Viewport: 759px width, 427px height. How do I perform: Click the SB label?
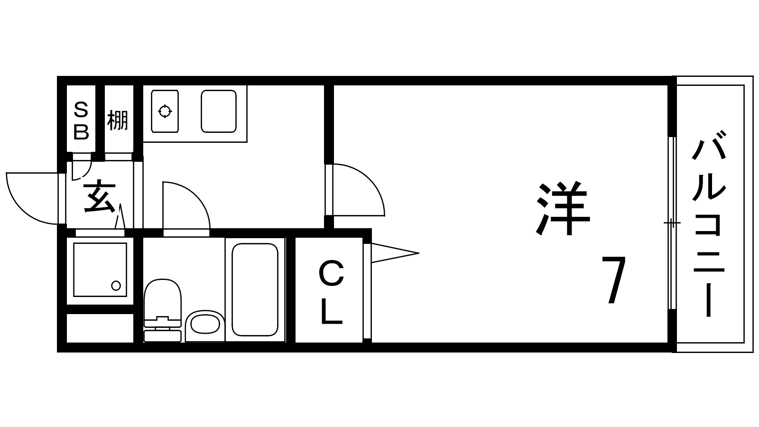(x=81, y=121)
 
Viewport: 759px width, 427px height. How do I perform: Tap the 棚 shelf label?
(x=118, y=121)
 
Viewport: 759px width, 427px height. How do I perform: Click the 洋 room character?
(x=563, y=209)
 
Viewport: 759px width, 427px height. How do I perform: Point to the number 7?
(x=613, y=279)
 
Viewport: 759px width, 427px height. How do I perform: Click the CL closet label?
(x=332, y=292)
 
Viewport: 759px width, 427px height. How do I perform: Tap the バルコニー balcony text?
(x=709, y=223)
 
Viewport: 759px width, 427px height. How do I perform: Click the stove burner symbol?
(x=165, y=111)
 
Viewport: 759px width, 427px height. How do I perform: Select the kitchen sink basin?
(x=219, y=111)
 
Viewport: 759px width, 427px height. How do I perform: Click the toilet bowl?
(x=162, y=298)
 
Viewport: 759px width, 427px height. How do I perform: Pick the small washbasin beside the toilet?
(x=204, y=324)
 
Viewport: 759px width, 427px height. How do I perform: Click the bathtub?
(x=255, y=290)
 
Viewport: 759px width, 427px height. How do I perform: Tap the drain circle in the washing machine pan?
(x=116, y=286)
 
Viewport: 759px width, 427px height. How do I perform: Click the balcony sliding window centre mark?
(x=672, y=223)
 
